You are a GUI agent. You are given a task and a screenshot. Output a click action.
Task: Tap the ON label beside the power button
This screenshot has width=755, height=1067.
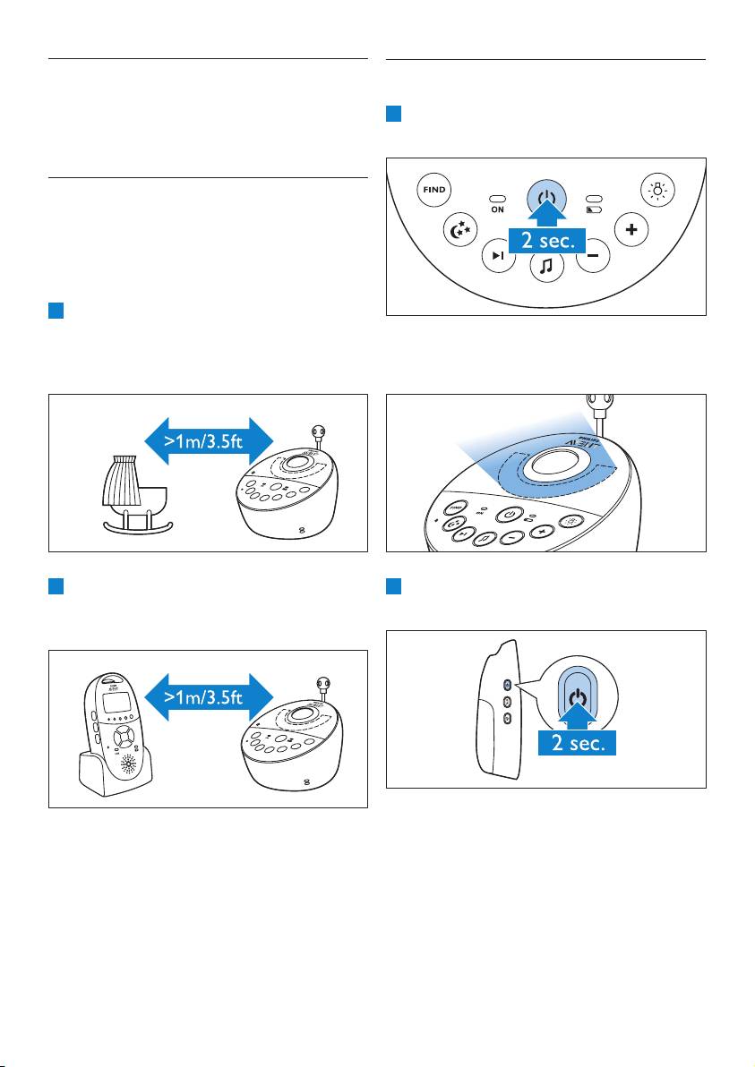pyautogui.click(x=497, y=209)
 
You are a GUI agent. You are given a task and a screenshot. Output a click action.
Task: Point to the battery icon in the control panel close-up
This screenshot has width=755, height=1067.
pyautogui.click(x=593, y=209)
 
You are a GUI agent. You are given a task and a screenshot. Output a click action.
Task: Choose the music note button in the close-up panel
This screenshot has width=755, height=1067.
pyautogui.click(x=545, y=265)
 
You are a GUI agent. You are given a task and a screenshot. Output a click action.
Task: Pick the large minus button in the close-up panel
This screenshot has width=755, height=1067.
pyautogui.click(x=592, y=254)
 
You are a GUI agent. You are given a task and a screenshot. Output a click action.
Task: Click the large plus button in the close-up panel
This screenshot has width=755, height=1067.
pyautogui.click(x=632, y=229)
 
